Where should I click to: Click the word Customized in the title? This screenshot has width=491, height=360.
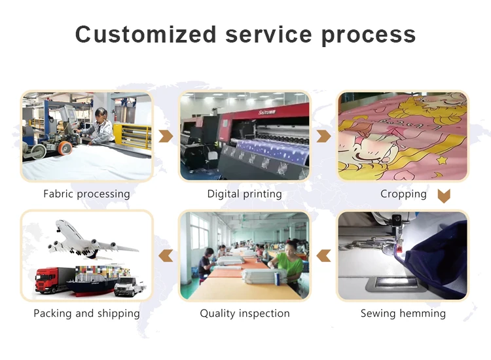pos(146,34)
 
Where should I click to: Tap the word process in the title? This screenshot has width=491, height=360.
pos(369,36)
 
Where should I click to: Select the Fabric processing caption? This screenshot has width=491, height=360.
pos(86,194)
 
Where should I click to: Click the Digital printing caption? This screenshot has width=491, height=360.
pos(245,194)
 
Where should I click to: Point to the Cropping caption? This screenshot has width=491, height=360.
pos(403,194)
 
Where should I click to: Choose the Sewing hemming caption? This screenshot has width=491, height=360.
pos(403,314)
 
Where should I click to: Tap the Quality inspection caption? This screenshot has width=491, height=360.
pos(245,314)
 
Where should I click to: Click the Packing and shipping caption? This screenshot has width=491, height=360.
pos(86,314)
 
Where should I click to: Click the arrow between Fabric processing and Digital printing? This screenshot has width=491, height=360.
pos(166,136)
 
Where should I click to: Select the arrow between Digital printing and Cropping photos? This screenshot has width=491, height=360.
pos(323,136)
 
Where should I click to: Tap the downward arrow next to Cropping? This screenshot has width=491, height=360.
pos(444,196)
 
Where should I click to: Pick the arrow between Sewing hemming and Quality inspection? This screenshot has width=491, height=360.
pos(323,255)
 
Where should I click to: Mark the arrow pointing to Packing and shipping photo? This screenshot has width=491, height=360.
pos(166,255)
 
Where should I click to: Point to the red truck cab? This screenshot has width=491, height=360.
pos(45,279)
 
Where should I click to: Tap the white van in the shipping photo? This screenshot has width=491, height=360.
pos(129,286)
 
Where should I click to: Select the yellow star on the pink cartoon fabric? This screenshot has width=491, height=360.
pos(442,160)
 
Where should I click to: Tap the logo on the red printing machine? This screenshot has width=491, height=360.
pos(266,112)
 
